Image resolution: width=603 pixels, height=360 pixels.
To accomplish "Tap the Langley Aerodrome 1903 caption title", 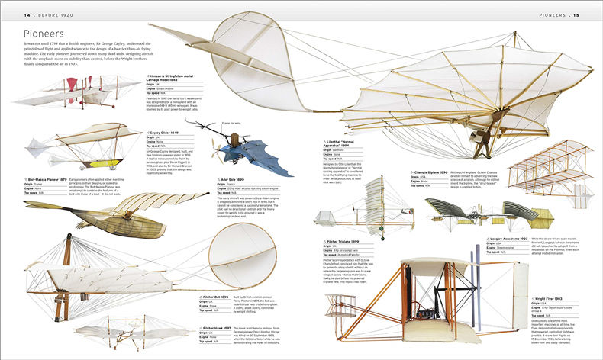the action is pos(519,239).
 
